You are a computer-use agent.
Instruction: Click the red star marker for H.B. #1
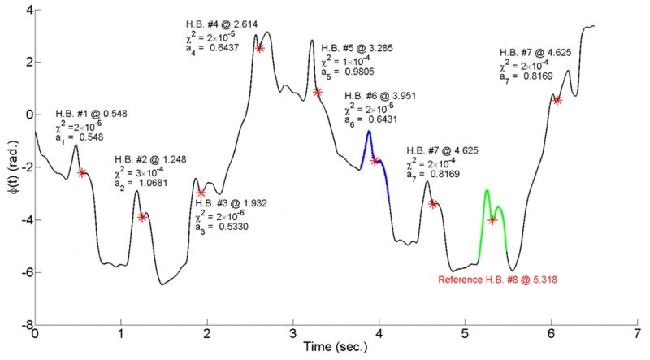click(82, 172)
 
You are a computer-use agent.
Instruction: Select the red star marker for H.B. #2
click(142, 217)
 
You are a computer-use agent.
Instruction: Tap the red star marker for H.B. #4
click(260, 48)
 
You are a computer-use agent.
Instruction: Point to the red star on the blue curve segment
click(375, 161)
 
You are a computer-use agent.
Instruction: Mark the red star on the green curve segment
click(492, 220)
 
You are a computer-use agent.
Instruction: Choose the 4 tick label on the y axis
click(25, 10)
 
